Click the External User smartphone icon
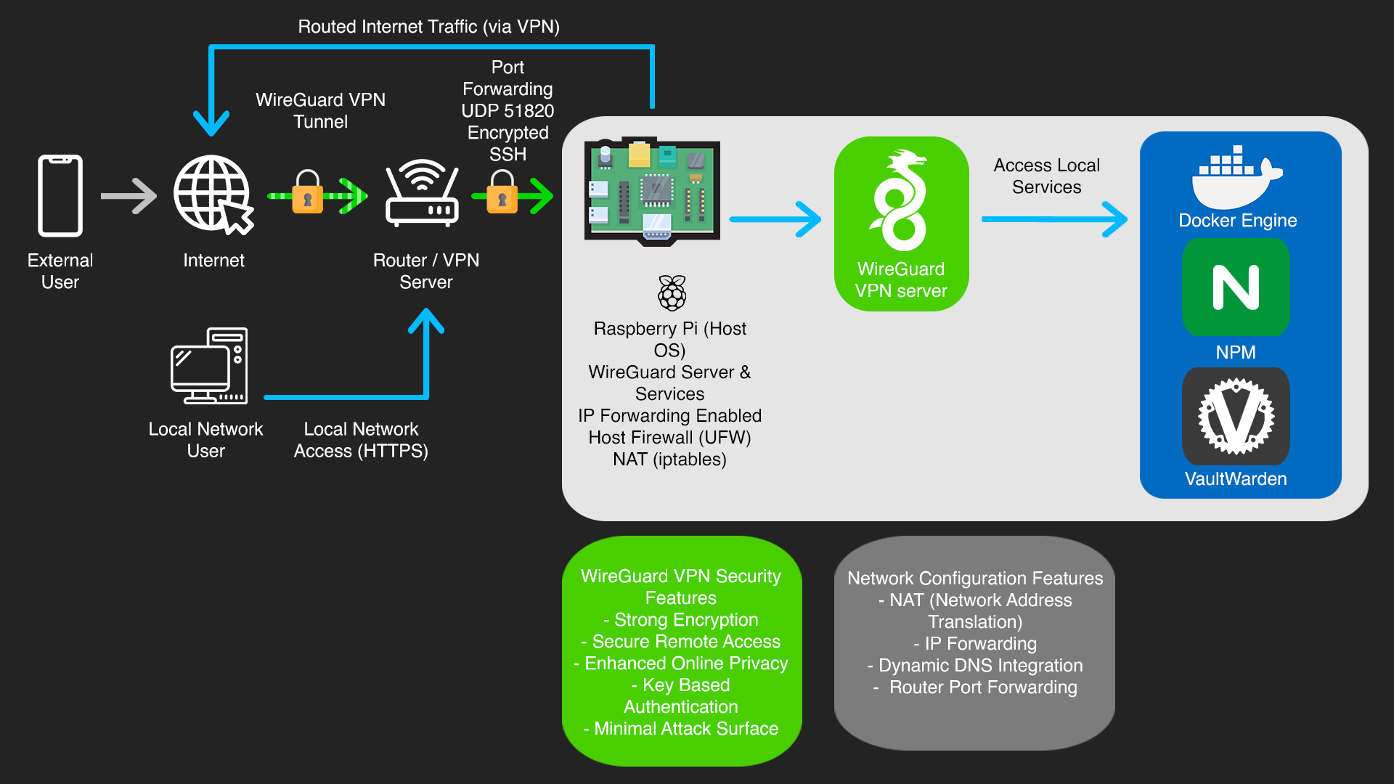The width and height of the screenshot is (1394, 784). tap(60, 195)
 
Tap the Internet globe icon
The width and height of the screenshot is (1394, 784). tap(212, 194)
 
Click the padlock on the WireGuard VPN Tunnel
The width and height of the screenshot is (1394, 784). tap(307, 192)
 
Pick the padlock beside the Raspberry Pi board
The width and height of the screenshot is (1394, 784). tap(502, 192)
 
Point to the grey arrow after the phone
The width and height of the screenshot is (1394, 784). tap(129, 196)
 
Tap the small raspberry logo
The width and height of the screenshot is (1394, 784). tap(672, 293)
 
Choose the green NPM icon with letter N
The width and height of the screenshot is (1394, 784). tap(1236, 287)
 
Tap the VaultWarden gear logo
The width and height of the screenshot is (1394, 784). tap(1236, 416)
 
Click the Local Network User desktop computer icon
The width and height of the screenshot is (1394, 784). tap(209, 366)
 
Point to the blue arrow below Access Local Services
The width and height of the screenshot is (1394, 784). tap(1054, 219)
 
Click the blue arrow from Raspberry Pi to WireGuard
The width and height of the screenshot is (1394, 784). tap(775, 219)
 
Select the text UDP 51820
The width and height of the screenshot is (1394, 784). tap(508, 111)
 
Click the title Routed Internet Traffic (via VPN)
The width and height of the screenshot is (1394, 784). tap(428, 27)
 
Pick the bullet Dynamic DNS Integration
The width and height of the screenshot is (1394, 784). tap(975, 666)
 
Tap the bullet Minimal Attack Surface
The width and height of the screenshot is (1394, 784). tap(681, 729)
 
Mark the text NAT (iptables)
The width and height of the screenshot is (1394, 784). tap(669, 460)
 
